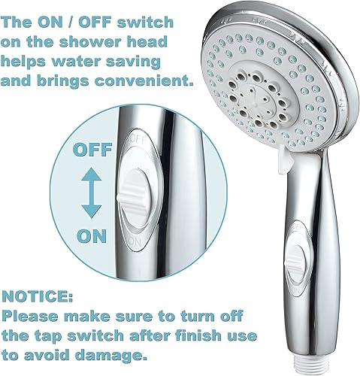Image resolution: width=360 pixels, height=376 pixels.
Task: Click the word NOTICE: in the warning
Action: point(38,296)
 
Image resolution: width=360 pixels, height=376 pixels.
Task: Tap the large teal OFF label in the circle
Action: point(92,150)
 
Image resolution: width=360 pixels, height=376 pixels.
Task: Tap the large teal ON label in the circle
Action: point(92,236)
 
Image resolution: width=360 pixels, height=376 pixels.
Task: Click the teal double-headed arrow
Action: point(92,193)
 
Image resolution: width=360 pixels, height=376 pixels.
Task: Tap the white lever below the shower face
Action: point(285,161)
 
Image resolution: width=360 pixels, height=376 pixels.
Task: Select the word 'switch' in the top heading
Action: point(145,23)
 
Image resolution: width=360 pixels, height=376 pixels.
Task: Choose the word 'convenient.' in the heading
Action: point(144,80)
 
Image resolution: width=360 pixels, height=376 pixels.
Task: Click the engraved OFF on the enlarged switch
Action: point(138,139)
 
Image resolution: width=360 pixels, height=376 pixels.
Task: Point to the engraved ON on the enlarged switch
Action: point(135,241)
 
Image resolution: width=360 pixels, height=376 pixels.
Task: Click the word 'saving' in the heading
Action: point(133,62)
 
